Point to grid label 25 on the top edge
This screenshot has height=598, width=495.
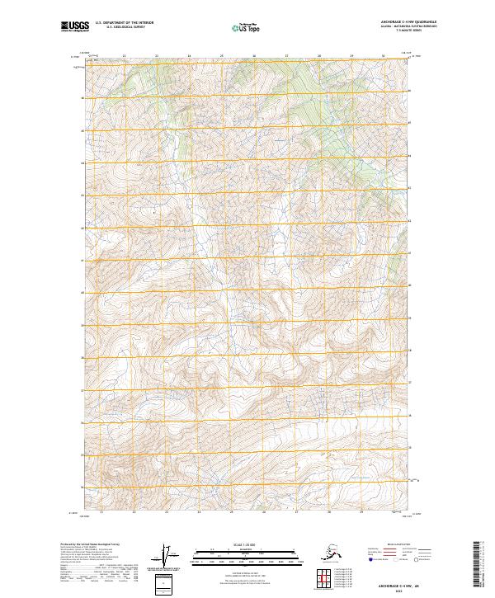point(221,56)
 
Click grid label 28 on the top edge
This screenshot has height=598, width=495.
point(319,56)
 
